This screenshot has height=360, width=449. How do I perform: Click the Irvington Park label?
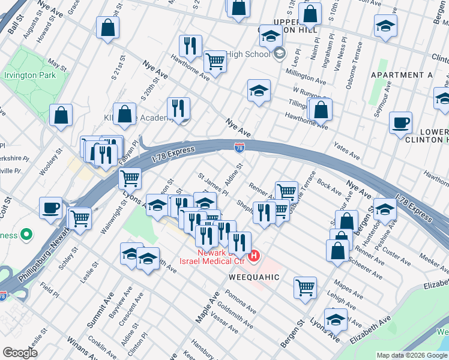(29, 76)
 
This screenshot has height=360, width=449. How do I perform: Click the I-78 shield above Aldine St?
(239, 146)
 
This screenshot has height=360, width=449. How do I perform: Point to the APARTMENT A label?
(402, 75)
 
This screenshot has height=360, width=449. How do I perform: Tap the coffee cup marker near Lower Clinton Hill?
(400, 124)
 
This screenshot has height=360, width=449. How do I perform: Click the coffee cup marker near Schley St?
(51, 208)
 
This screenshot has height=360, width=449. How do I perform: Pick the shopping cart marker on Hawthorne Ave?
(214, 61)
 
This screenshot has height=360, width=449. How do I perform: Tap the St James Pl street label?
(212, 184)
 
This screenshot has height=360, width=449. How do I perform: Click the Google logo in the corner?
(20, 353)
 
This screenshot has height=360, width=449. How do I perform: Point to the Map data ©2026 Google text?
(412, 355)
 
